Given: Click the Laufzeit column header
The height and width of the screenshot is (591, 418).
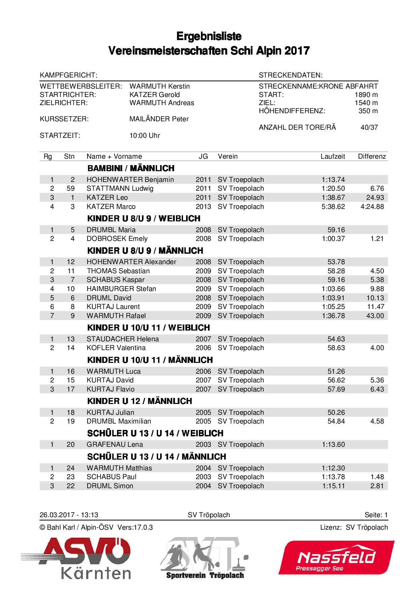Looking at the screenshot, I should coord(332,156).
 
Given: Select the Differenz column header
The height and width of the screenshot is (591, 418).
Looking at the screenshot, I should coord(371,156).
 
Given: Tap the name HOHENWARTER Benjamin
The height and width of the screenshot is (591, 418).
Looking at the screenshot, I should coord(130,180).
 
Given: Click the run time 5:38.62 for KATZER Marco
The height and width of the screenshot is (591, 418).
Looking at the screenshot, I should coord(333,207).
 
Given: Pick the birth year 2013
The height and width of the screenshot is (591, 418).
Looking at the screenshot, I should coord(203,207).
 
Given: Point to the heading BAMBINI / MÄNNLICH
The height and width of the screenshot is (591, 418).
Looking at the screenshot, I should coord(131,168).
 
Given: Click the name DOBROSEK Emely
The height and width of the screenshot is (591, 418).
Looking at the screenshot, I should coord(117,239).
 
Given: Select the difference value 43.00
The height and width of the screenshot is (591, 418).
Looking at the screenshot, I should coord(375,316).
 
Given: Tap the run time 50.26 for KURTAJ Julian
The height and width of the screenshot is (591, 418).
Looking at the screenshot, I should coord(336,412).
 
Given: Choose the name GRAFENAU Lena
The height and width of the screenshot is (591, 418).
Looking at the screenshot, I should coord(115,444).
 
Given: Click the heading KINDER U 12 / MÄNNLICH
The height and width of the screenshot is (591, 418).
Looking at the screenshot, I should coord(140,401).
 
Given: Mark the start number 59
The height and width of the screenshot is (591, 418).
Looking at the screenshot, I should coord(70,188).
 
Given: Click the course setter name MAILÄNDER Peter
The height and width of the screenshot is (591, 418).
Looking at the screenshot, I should coord(159,119).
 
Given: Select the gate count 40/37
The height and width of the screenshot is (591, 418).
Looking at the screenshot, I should coord(369,127).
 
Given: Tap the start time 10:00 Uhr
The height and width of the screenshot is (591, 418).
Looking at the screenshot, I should coord(145,135).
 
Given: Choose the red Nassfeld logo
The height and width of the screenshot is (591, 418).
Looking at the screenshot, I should coord(336,558).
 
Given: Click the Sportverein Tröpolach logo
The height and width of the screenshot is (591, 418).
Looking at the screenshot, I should coord(205,558).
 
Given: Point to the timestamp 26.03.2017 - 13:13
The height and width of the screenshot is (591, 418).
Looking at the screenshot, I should coord(69,515).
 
